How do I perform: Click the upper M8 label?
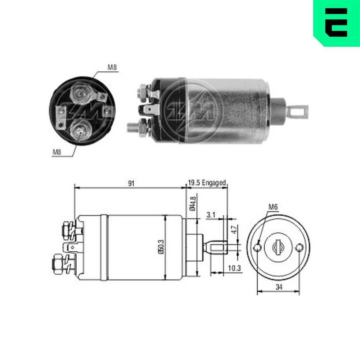point(112,67)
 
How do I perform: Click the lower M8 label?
point(57,152)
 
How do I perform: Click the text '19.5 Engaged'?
point(207,183)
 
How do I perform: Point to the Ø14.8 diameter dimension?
point(192,203)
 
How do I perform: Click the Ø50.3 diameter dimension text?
point(161,247)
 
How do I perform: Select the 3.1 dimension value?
point(211,215)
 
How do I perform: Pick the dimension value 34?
point(278,287)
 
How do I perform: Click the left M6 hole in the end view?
point(257,247)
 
